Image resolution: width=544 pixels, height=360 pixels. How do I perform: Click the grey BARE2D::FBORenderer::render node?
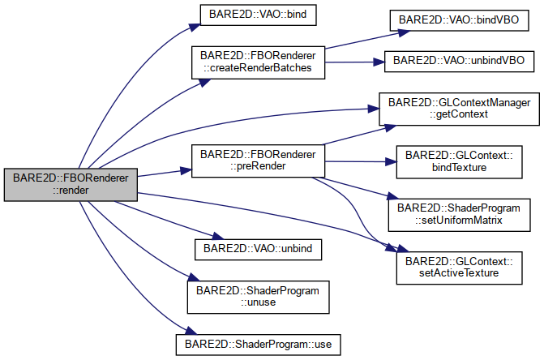coord(70,182)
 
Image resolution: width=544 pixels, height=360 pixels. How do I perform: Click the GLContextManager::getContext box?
coord(460,109)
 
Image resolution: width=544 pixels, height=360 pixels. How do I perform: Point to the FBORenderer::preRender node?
coord(259,138)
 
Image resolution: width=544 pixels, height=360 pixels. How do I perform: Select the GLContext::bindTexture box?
coord(457,161)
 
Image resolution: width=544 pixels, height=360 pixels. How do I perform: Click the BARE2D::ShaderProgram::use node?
coord(259,343)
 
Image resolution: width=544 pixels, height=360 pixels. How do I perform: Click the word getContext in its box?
coord(461,116)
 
